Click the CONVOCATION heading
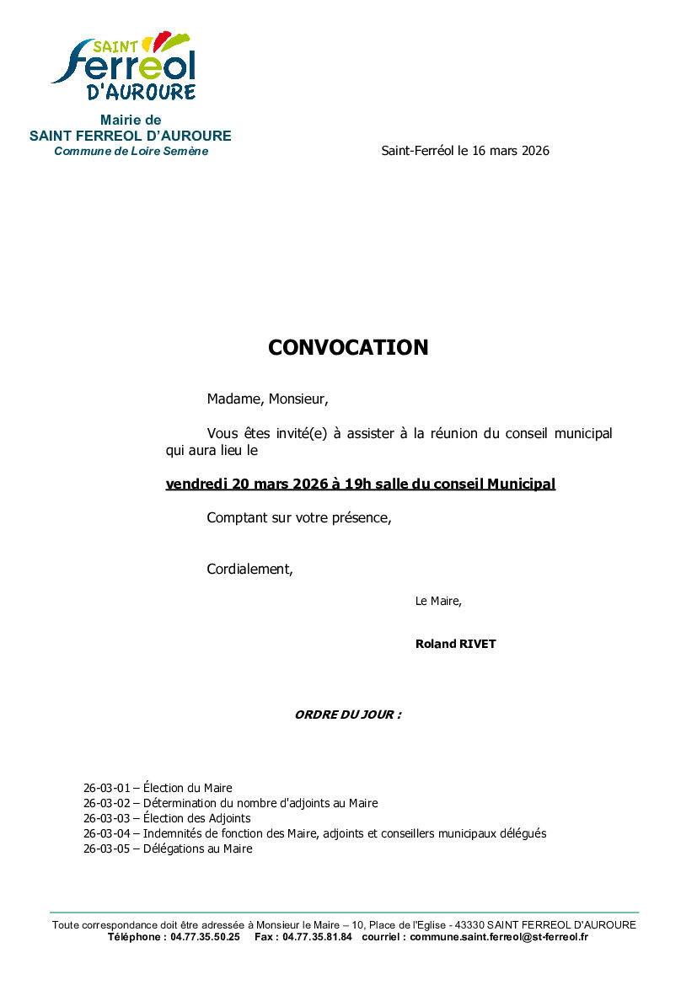coord(348,347)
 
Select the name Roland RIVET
coord(455,644)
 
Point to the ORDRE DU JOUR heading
coord(347,715)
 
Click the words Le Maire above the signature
coord(437,601)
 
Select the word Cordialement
coord(249,569)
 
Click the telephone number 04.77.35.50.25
coord(205,936)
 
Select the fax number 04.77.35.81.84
coord(317,936)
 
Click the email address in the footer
coord(499,936)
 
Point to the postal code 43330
coord(468,924)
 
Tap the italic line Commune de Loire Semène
coord(131,151)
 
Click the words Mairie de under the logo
coord(131,120)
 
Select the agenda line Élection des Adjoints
coord(196,818)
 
